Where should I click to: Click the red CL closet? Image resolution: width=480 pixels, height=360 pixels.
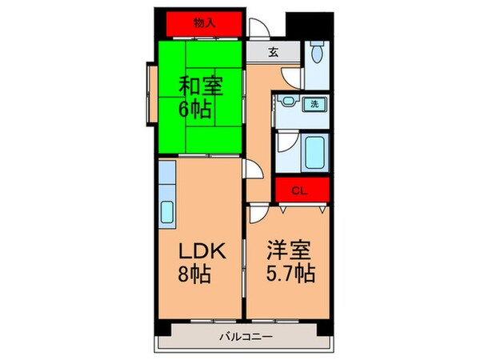301,190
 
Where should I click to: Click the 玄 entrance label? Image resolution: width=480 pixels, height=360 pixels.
272,53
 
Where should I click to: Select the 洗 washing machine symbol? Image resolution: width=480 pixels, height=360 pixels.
314,103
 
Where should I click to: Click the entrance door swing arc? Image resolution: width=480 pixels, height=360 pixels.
259,26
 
